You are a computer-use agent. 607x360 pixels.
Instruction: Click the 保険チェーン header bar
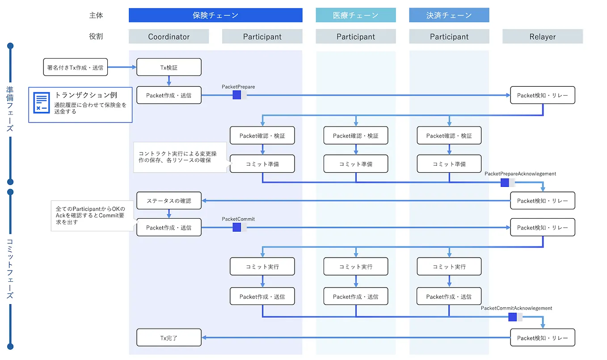pos(215,15)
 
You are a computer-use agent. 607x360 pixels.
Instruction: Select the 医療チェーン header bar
pos(355,15)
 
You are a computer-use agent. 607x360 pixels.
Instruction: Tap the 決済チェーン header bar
pos(449,15)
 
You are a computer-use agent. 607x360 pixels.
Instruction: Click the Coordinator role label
pos(169,37)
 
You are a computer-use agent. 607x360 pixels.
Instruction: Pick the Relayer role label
pos(542,37)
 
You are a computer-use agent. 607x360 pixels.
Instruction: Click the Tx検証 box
pos(169,67)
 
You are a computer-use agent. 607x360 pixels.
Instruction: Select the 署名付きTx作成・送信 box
pos(75,67)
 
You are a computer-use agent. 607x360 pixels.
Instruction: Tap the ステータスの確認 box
pos(169,201)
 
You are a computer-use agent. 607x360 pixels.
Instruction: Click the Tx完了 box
pos(169,338)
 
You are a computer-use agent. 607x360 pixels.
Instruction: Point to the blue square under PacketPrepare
pos(236,95)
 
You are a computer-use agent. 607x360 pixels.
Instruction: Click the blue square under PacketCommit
pos(236,227)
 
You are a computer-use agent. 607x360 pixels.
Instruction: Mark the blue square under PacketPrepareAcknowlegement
pos(505,182)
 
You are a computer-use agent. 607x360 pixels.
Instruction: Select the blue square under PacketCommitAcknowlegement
pos(512,317)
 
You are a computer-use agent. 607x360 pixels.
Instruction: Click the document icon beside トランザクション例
pos(42,103)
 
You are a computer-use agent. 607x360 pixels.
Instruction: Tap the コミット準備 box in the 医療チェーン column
pos(355,164)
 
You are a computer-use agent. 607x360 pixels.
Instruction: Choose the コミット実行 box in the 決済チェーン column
pos(449,267)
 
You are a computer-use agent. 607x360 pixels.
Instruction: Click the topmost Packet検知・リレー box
pos(542,95)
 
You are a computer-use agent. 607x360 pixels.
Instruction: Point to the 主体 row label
pos(96,15)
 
